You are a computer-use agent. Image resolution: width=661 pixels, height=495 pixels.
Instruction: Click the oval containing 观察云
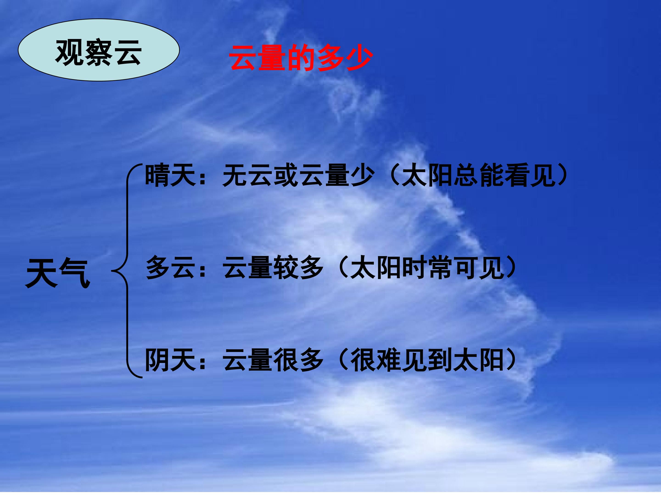pos(99,50)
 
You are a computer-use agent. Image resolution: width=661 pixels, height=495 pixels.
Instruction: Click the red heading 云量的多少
pos(301,58)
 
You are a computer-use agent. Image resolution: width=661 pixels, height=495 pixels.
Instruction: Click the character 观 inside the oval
pos(69,52)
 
